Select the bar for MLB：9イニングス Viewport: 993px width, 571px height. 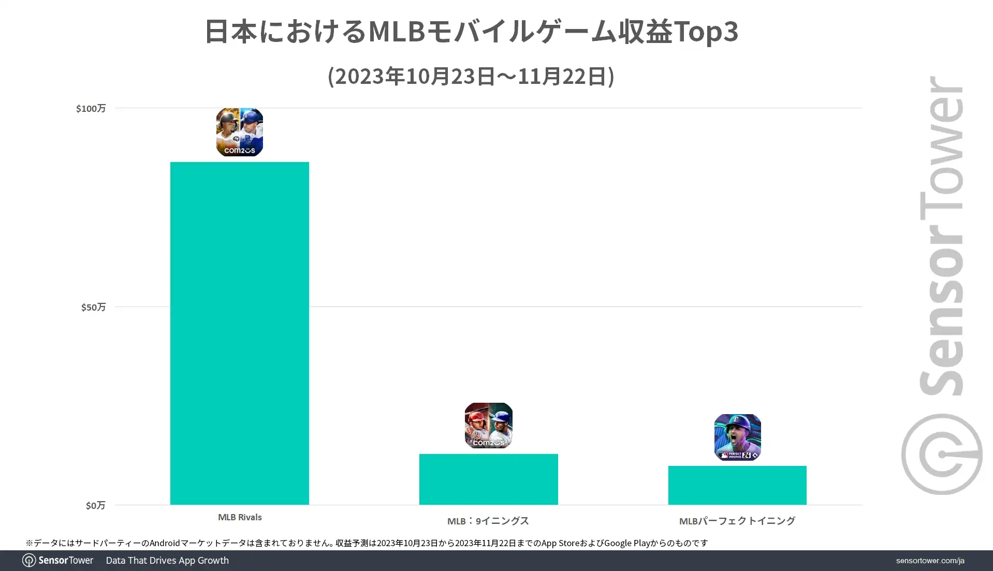[x=488, y=479]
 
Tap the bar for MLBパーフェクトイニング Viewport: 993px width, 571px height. [x=737, y=485]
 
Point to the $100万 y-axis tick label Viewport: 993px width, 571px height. [x=91, y=108]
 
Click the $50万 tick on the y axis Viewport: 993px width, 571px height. [x=93, y=307]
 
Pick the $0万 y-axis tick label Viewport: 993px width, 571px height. [x=95, y=505]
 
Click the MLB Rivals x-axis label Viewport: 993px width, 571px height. [x=240, y=517]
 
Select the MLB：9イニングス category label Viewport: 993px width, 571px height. [x=488, y=521]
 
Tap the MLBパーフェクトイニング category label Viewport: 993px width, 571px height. [x=737, y=521]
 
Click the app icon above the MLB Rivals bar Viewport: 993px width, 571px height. [x=239, y=132]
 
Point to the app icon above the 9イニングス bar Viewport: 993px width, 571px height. [x=488, y=426]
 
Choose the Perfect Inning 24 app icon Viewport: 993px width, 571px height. [x=737, y=437]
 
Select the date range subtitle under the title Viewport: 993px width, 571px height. [x=471, y=76]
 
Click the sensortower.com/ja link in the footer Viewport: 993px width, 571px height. [x=930, y=561]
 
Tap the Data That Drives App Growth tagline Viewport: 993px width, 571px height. [x=167, y=561]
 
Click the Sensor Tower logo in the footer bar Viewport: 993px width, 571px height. [x=58, y=561]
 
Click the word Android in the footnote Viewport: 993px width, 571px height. [x=165, y=543]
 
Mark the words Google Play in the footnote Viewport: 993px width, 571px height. [x=626, y=543]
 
